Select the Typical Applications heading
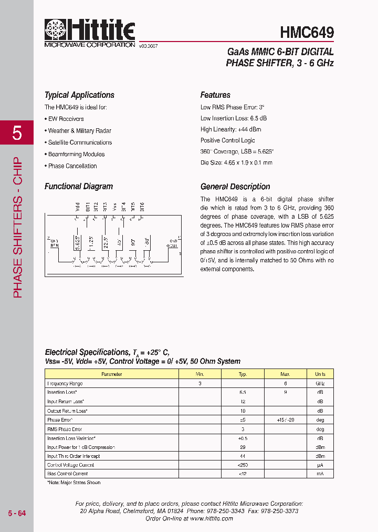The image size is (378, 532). click(x=79, y=95)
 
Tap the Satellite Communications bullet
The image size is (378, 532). click(x=80, y=142)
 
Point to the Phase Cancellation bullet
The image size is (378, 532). click(x=72, y=166)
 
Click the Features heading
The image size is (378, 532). click(x=215, y=95)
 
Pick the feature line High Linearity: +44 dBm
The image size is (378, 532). click(x=230, y=129)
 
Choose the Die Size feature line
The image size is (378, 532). click(x=236, y=163)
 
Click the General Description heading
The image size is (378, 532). click(x=235, y=187)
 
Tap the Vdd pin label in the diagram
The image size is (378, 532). click(x=77, y=207)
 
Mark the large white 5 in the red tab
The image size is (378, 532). click(x=17, y=134)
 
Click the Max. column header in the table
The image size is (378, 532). click(x=285, y=374)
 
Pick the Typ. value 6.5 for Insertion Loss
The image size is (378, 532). click(x=243, y=393)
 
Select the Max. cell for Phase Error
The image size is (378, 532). click(x=285, y=420)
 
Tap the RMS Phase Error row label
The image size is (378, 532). click(x=65, y=429)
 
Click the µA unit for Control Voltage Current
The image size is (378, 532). click(x=320, y=465)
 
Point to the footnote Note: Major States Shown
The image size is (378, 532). click(x=73, y=483)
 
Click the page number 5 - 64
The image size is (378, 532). click(x=17, y=513)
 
